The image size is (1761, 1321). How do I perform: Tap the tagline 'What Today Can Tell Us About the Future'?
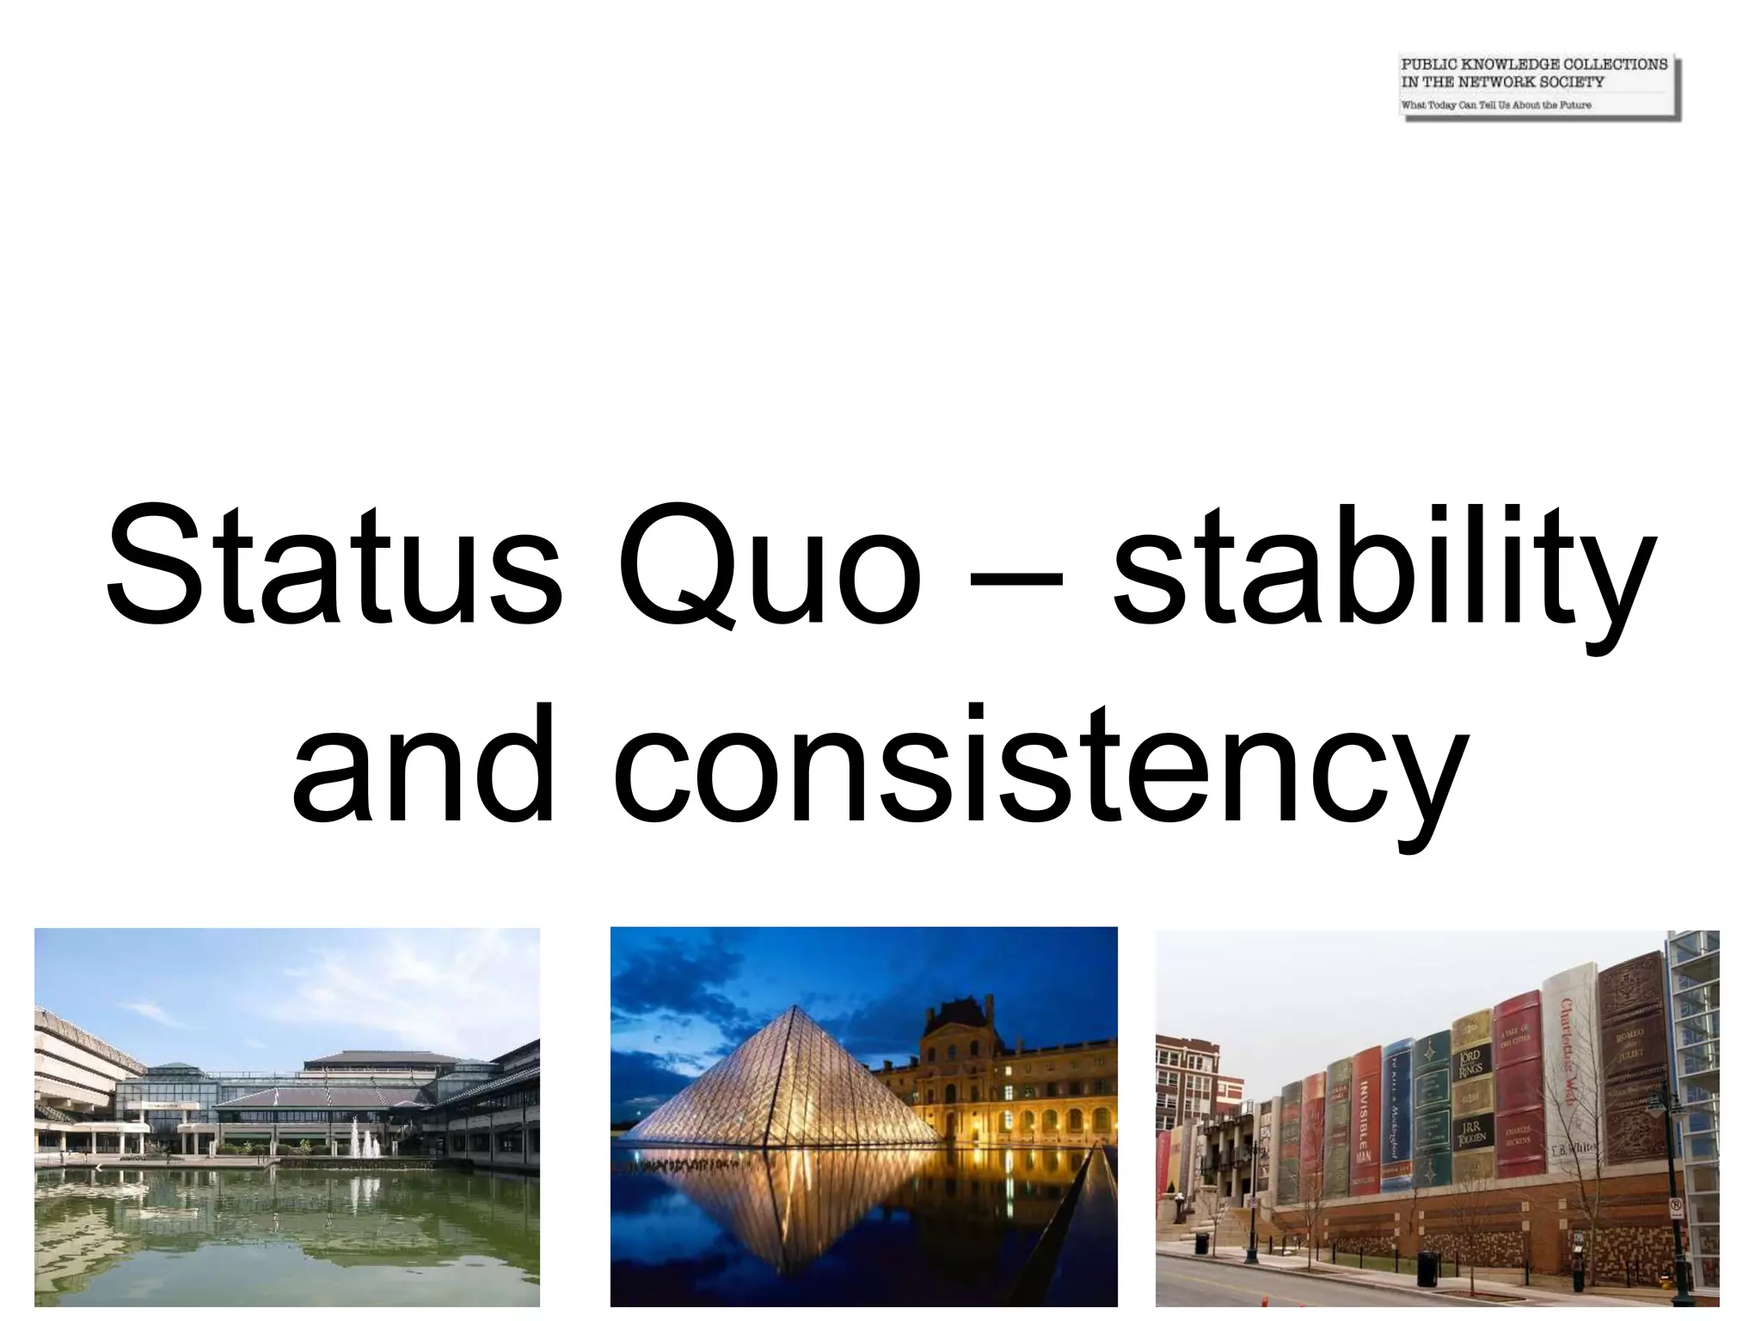tap(1496, 105)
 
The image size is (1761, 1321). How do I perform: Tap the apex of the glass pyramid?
tap(799, 1009)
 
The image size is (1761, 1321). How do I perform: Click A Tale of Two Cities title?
tap(1514, 1036)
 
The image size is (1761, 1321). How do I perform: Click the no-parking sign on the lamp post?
tap(1676, 1207)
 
